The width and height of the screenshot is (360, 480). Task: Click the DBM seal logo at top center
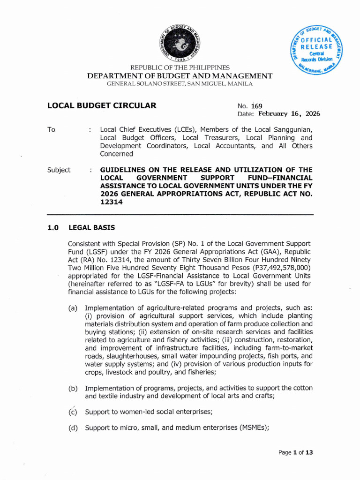pyautogui.click(x=180, y=42)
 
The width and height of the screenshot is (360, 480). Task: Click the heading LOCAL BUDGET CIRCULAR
pyautogui.click(x=102, y=105)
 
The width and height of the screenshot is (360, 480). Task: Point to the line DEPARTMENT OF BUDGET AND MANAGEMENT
pyautogui.click(x=180, y=76)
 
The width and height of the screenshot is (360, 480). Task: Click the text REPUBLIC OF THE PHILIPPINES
pyautogui.click(x=180, y=68)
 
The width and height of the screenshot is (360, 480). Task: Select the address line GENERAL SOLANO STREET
pyautogui.click(x=180, y=84)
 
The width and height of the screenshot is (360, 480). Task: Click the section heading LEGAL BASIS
pyautogui.click(x=92, y=228)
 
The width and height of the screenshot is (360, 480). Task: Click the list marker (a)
pyautogui.click(x=73, y=308)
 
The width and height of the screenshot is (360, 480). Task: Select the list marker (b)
pyautogui.click(x=73, y=388)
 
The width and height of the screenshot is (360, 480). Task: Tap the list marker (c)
pyautogui.click(x=73, y=412)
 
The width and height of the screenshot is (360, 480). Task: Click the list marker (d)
pyautogui.click(x=73, y=428)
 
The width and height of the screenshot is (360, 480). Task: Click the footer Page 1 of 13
pyautogui.click(x=295, y=453)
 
